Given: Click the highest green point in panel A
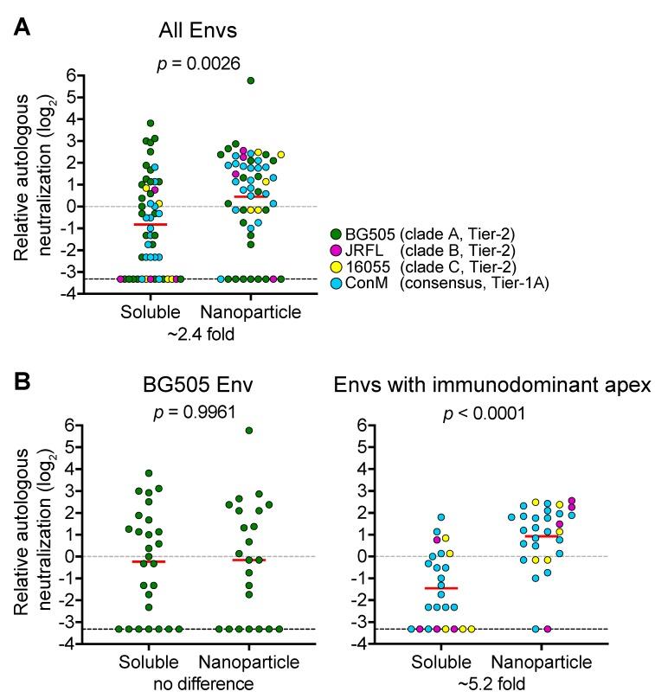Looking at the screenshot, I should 250,80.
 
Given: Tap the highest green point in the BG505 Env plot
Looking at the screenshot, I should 250,430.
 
